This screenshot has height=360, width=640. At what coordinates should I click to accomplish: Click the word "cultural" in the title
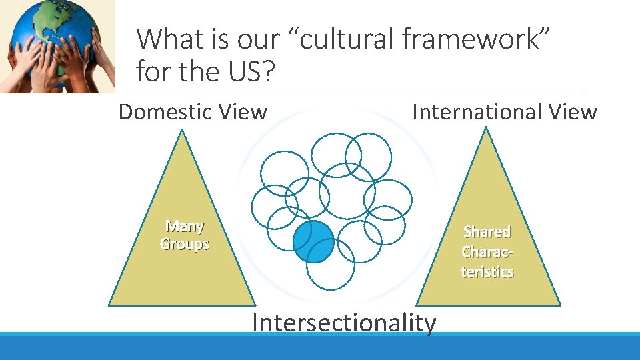(350, 39)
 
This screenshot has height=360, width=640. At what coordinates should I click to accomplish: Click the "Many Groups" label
(185, 235)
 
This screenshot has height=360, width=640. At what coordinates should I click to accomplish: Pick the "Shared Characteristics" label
(487, 251)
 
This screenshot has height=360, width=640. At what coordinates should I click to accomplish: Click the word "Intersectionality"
(345, 323)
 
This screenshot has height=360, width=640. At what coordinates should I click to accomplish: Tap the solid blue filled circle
(313, 241)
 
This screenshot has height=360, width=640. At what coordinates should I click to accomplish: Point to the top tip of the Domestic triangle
(182, 130)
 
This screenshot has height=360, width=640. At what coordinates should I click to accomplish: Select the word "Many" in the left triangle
(185, 227)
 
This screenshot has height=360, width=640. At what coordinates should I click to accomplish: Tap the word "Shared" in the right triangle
(487, 232)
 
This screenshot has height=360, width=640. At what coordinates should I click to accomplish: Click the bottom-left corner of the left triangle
(110, 305)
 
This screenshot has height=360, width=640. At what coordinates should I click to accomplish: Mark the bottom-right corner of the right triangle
(559, 305)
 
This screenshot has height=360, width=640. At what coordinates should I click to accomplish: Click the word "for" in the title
(153, 70)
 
